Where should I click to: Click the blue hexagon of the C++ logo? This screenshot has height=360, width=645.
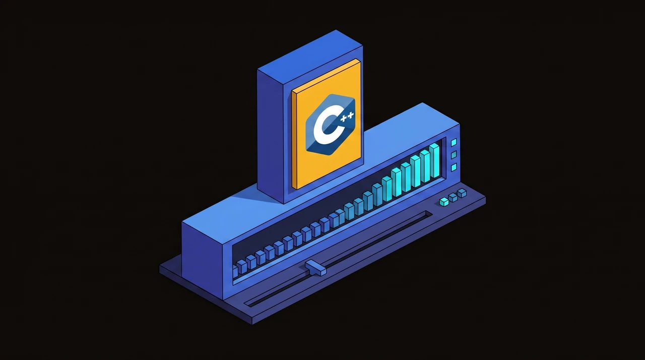pos(330,125)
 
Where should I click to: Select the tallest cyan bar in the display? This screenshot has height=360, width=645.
pos(434,160)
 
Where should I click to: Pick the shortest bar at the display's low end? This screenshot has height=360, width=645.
pos(235,272)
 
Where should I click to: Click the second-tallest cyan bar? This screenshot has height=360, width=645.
pos(425,166)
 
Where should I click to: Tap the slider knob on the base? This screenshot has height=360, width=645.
pos(315,268)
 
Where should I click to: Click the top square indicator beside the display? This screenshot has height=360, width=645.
pos(454,142)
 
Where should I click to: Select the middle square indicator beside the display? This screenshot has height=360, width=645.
pos(454,155)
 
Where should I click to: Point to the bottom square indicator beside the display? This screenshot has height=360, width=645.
pos(454,167)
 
